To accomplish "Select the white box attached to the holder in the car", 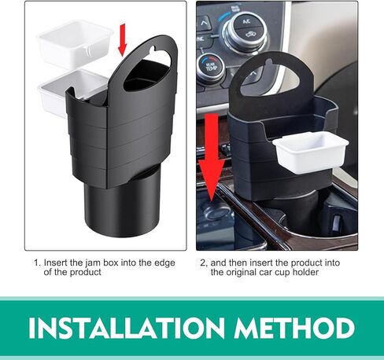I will coord(309,152).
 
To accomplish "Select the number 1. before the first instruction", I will coord(37,263).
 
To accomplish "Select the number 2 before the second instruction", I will coord(202,263).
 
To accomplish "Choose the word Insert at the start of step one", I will coord(57,263).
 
